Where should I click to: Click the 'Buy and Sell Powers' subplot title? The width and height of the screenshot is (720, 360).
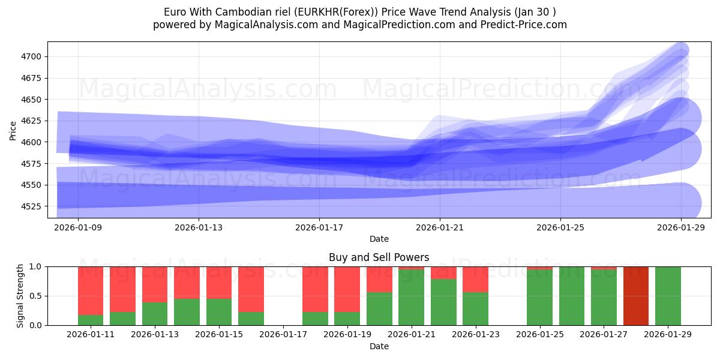[379, 257]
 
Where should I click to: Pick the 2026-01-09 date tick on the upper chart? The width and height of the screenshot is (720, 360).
[78, 228]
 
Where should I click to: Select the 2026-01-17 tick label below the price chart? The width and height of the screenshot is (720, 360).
[319, 228]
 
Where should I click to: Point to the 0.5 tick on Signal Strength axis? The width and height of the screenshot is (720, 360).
[35, 296]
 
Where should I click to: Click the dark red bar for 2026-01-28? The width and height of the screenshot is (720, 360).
[635, 296]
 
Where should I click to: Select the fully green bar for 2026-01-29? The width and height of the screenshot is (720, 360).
[668, 296]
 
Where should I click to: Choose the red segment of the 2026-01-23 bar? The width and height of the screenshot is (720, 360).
[475, 279]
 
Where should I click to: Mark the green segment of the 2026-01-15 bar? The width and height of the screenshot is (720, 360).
[219, 312]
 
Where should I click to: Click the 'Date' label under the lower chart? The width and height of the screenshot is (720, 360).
[379, 346]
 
